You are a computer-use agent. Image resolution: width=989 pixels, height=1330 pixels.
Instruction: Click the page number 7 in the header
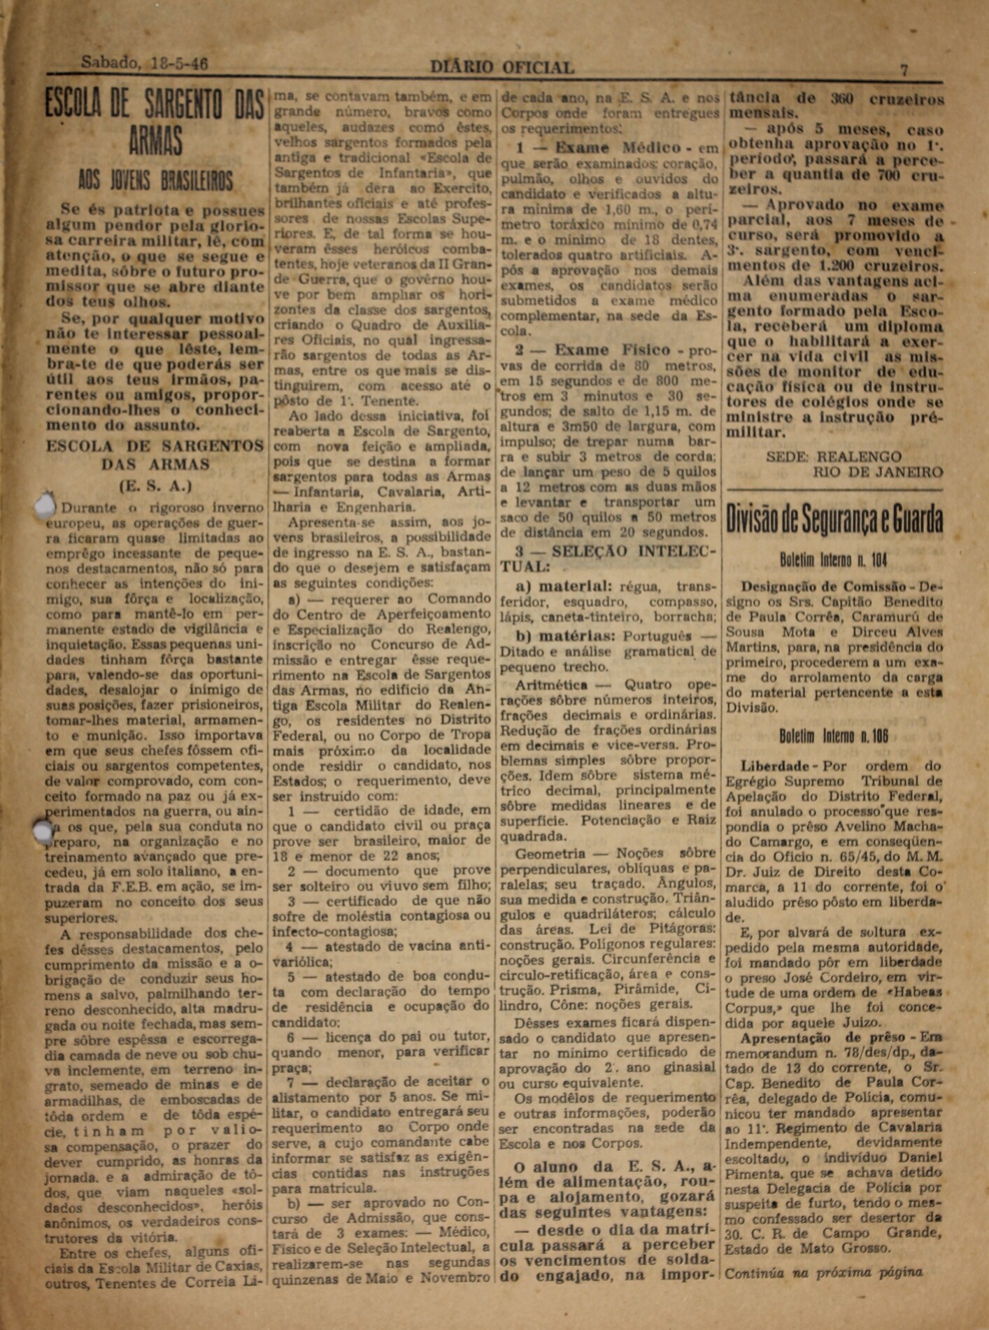click(x=904, y=69)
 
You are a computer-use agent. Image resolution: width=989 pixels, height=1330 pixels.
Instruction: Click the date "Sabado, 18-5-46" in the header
click(x=145, y=63)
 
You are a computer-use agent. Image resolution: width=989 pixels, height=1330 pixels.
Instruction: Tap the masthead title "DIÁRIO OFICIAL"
click(x=501, y=67)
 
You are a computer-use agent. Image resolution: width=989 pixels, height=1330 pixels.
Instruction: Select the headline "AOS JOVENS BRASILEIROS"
click(x=155, y=182)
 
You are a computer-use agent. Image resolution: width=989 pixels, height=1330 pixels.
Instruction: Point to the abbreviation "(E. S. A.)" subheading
click(x=155, y=486)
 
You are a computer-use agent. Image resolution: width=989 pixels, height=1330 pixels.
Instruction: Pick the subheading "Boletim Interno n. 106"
click(x=833, y=736)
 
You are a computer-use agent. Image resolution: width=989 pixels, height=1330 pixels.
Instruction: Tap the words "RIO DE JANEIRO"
click(x=878, y=472)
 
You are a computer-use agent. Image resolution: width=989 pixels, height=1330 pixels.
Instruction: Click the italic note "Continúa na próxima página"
click(x=823, y=1273)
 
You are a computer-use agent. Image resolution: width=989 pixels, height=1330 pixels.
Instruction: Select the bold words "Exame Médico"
click(x=618, y=148)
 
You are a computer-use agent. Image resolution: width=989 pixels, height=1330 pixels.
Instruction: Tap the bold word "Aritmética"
click(x=551, y=685)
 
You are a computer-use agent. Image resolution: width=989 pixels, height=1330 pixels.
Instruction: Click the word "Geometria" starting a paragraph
click(x=550, y=854)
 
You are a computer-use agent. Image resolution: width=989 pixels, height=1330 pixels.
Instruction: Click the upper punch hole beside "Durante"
click(x=45, y=505)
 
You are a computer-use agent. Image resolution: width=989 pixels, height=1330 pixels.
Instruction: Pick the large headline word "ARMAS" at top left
click(x=155, y=141)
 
